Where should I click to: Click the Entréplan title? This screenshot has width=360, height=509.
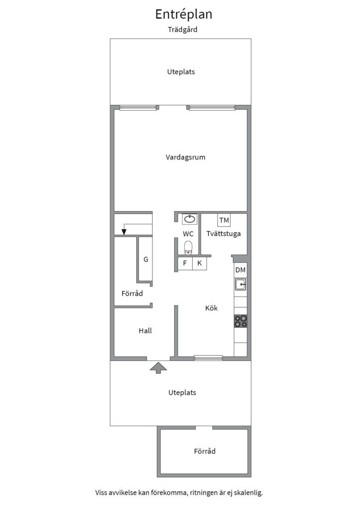[184, 14]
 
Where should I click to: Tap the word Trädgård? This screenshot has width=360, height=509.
[182, 30]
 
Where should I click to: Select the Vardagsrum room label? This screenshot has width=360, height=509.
[185, 157]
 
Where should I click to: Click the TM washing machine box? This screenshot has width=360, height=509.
[224, 220]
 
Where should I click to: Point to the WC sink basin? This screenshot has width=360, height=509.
[189, 219]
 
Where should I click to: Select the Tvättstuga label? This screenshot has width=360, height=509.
[224, 234]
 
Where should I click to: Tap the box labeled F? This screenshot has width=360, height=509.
[185, 263]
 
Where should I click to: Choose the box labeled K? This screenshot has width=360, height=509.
[200, 263]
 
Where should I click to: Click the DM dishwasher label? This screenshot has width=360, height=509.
[240, 270]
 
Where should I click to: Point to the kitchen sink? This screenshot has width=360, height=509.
[240, 284]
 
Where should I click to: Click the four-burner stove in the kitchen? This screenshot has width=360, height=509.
[240, 321]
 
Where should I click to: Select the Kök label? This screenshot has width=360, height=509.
[211, 308]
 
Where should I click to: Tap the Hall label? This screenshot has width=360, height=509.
[145, 331]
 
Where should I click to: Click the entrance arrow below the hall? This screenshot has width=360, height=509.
[158, 368]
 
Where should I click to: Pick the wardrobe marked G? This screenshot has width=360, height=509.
[146, 259]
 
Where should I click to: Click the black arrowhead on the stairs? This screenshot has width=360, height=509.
[123, 232]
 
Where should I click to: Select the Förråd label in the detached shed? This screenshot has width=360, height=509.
[205, 451]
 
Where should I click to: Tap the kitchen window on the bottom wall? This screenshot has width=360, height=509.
[208, 358]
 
